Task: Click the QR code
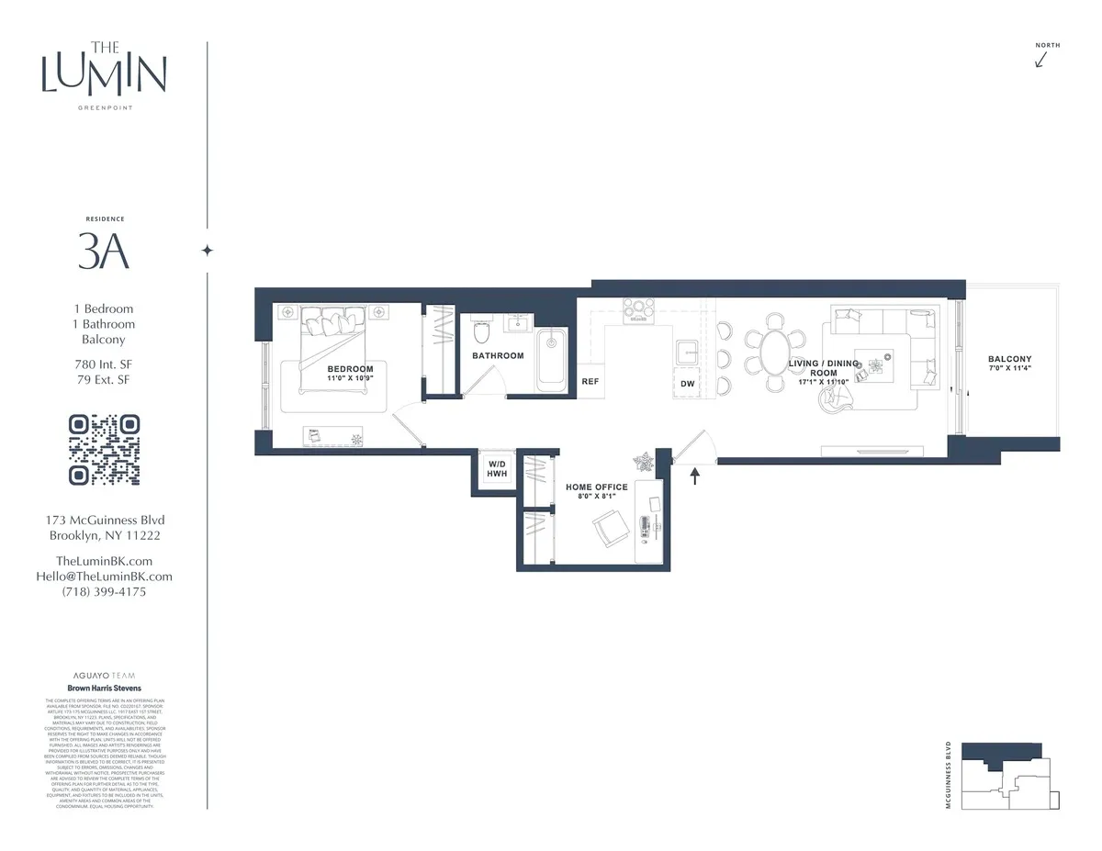click(105, 450)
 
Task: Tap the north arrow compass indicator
click(1041, 60)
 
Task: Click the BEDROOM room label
click(351, 369)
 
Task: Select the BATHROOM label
click(498, 355)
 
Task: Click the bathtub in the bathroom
click(552, 356)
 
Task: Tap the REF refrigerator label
click(590, 381)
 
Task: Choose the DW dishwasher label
click(687, 384)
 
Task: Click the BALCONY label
click(1009, 359)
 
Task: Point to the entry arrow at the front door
click(694, 475)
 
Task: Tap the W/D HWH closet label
click(498, 469)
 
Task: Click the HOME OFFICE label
click(597, 487)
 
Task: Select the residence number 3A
click(104, 252)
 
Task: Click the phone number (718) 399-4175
click(104, 592)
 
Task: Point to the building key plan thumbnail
click(1009, 777)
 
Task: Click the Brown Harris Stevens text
click(104, 687)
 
